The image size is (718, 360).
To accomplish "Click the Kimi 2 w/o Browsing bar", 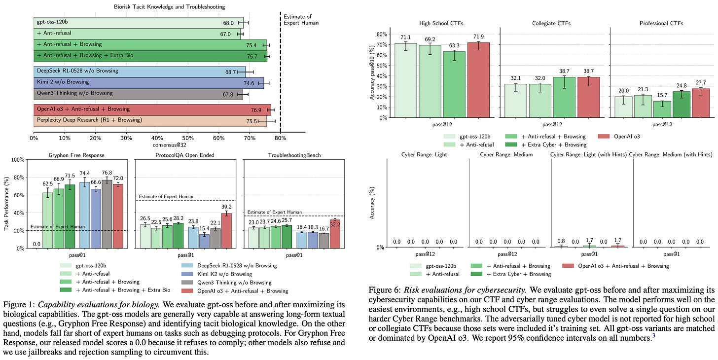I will click(x=148, y=83).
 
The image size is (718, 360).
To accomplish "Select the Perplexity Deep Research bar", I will click(x=148, y=120).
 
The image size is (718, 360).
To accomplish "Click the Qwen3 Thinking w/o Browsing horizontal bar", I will click(x=138, y=93).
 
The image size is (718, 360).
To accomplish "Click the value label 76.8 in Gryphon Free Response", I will click(x=107, y=173).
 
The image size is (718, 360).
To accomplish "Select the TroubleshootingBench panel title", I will click(x=294, y=155).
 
